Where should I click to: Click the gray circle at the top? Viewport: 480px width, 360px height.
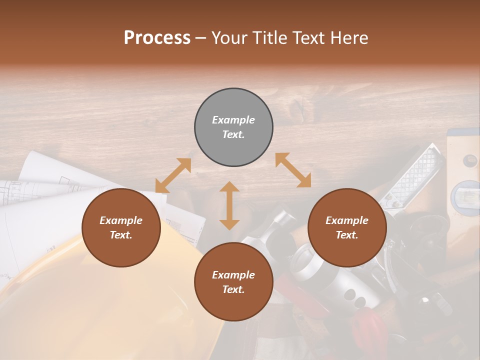(x=233, y=127)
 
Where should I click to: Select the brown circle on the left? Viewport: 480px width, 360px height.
(x=121, y=228)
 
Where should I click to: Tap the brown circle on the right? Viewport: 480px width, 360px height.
(x=347, y=228)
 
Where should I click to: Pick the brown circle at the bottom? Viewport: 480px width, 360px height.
(x=233, y=282)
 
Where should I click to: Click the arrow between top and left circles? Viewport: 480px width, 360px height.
(x=173, y=175)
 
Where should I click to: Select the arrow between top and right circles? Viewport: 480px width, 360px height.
(x=293, y=170)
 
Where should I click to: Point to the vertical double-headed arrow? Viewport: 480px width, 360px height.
(x=229, y=205)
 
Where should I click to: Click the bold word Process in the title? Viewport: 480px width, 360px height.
(x=157, y=38)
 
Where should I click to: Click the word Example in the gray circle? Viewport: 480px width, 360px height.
(x=233, y=120)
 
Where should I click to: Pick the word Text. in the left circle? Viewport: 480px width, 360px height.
(x=121, y=235)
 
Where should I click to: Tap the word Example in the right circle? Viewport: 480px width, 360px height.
(x=347, y=220)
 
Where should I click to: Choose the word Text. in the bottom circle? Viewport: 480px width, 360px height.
(x=233, y=289)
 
